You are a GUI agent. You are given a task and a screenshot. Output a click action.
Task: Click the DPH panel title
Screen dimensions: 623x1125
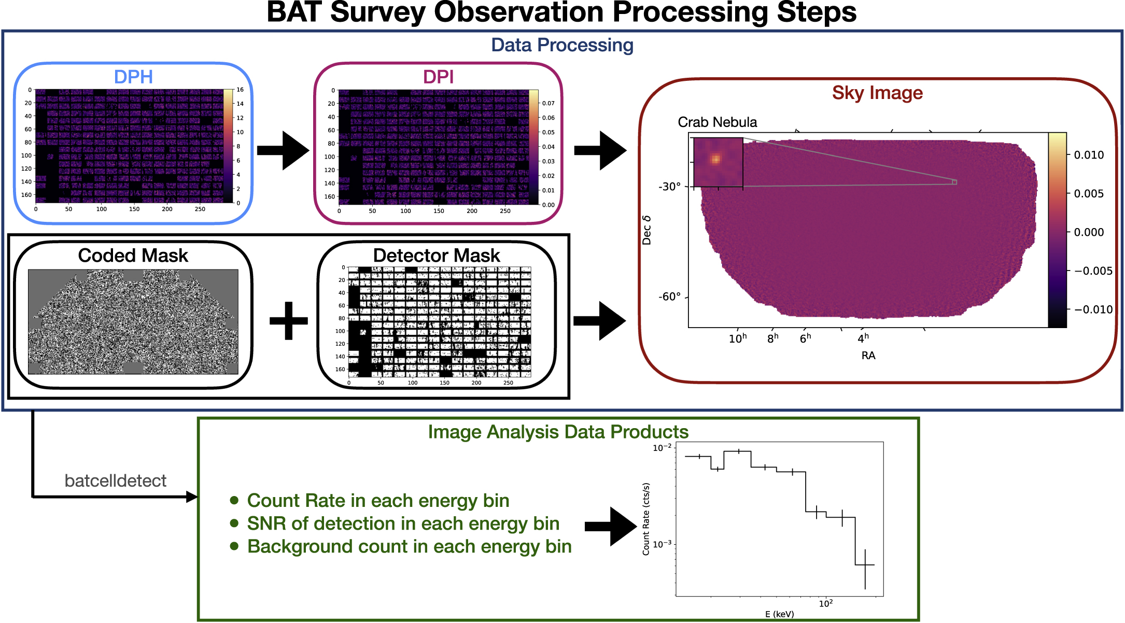pyautogui.click(x=133, y=77)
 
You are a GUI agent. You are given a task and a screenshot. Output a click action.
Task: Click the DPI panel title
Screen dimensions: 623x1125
pyautogui.click(x=438, y=77)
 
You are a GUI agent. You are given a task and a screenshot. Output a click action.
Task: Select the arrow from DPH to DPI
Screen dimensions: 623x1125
pyautogui.click(x=283, y=150)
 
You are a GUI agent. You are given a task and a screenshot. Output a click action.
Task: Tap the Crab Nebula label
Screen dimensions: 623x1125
pyautogui.click(x=717, y=122)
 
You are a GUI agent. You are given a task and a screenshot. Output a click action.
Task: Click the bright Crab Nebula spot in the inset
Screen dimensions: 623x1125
pyautogui.click(x=715, y=159)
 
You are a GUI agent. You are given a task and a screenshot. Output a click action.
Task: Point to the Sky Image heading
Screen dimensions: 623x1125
pyautogui.click(x=877, y=93)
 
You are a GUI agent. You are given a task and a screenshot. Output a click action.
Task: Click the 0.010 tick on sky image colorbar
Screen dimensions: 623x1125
pyautogui.click(x=1088, y=155)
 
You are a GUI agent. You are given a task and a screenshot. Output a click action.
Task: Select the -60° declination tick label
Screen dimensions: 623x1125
pyautogui.click(x=669, y=297)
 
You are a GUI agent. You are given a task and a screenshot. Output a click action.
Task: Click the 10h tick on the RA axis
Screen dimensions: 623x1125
pyautogui.click(x=737, y=338)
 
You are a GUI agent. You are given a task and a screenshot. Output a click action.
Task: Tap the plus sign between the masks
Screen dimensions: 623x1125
pyautogui.click(x=289, y=320)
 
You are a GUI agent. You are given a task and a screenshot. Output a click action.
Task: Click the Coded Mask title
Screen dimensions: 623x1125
pyautogui.click(x=133, y=256)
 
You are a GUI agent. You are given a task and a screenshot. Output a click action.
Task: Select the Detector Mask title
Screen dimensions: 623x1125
pyautogui.click(x=437, y=256)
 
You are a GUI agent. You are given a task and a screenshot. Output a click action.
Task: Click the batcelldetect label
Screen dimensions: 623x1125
pyautogui.click(x=115, y=481)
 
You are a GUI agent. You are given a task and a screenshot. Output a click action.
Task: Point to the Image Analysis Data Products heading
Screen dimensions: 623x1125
pyautogui.click(x=558, y=432)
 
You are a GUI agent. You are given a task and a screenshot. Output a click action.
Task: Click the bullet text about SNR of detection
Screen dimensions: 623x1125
pyautogui.click(x=403, y=523)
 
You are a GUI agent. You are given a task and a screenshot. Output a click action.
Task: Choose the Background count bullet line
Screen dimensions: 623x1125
pyautogui.click(x=409, y=546)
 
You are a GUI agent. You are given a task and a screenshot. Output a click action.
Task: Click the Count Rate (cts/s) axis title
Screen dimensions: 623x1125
pyautogui.click(x=646, y=519)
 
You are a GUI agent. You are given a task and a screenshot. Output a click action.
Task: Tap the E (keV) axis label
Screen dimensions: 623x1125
pyautogui.click(x=779, y=614)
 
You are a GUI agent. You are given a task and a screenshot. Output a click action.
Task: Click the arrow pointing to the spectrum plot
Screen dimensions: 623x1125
pyautogui.click(x=610, y=526)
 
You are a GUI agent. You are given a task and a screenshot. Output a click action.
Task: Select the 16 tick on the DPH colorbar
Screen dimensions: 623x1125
pyautogui.click(x=240, y=90)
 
